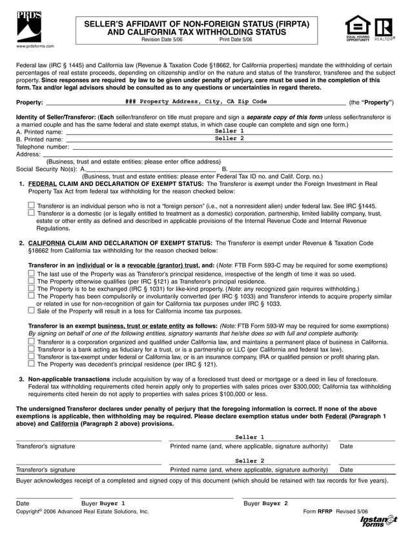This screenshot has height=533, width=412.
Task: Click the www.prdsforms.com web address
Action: (x=30, y=47)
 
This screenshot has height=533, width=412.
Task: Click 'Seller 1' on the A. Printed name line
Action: (x=229, y=131)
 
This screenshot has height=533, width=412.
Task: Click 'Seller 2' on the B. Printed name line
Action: (x=229, y=138)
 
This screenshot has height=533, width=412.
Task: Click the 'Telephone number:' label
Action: (x=42, y=147)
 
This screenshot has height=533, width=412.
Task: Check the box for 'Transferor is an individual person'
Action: (x=32, y=205)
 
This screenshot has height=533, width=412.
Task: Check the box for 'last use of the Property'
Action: (x=32, y=273)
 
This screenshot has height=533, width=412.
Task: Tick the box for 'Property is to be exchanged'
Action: (x=32, y=288)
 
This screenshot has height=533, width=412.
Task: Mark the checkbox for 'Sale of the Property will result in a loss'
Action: (x=32, y=310)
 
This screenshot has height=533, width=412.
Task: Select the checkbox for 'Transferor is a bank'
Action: (x=32, y=349)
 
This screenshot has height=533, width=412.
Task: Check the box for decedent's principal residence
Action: (x=32, y=364)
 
